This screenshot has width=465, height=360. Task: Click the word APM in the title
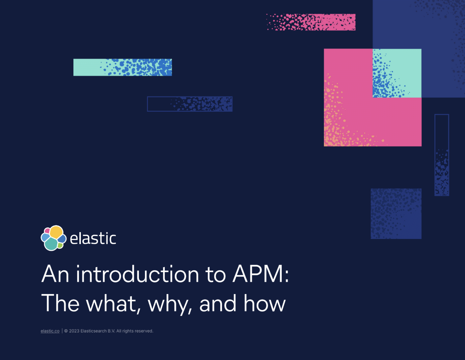(258, 274)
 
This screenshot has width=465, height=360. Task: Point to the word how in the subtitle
(264, 303)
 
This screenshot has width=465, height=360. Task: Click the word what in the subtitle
(113, 303)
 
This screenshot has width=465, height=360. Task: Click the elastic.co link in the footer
(50, 331)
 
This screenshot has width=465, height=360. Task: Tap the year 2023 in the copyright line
(74, 331)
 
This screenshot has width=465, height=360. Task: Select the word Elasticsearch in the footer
(94, 331)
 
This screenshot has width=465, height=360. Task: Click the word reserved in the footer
(144, 331)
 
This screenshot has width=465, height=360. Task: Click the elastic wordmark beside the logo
(93, 239)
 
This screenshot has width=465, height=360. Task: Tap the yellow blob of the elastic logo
(56, 233)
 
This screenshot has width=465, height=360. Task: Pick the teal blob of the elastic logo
(51, 244)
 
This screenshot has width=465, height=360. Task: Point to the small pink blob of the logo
(47, 231)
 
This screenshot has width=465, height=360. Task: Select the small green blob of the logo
(60, 245)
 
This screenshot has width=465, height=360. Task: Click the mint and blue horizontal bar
(123, 67)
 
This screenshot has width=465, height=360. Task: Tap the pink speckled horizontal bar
(311, 22)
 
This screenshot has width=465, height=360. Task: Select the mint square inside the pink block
(397, 73)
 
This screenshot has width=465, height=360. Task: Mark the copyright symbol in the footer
(66, 331)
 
